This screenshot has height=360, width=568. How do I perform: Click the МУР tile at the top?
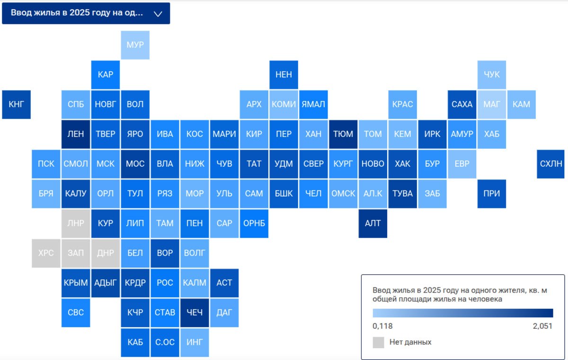pyautogui.click(x=135, y=45)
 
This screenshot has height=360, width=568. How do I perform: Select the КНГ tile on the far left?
pyautogui.click(x=16, y=104)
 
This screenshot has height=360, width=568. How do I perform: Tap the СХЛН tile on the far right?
pyautogui.click(x=551, y=164)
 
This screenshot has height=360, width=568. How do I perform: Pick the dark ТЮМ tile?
pyautogui.click(x=343, y=134)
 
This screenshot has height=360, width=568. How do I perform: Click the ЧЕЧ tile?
pyautogui.click(x=195, y=313)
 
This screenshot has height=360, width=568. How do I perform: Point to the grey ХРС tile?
pyautogui.click(x=46, y=253)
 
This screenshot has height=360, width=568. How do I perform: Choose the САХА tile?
pyautogui.click(x=462, y=104)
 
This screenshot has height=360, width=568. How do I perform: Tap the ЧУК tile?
pyautogui.click(x=492, y=75)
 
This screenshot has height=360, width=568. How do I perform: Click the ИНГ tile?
pyautogui.click(x=195, y=342)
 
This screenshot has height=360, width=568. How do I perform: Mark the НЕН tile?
pyautogui.click(x=284, y=75)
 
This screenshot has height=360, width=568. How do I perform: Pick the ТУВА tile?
pyautogui.click(x=402, y=194)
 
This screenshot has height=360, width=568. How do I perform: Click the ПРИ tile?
pyautogui.click(x=492, y=194)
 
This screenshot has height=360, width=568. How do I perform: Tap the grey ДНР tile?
pyautogui.click(x=105, y=253)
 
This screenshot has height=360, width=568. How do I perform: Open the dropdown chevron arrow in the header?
pyautogui.click(x=159, y=14)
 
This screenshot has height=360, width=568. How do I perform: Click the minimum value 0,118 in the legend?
pyautogui.click(x=382, y=326)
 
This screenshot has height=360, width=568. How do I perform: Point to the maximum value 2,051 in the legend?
pyautogui.click(x=542, y=326)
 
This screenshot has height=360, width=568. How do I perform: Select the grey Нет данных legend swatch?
pyautogui.click(x=378, y=342)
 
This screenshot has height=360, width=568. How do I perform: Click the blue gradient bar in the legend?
pyautogui.click(x=462, y=313)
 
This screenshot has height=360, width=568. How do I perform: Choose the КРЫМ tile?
pyautogui.click(x=76, y=283)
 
